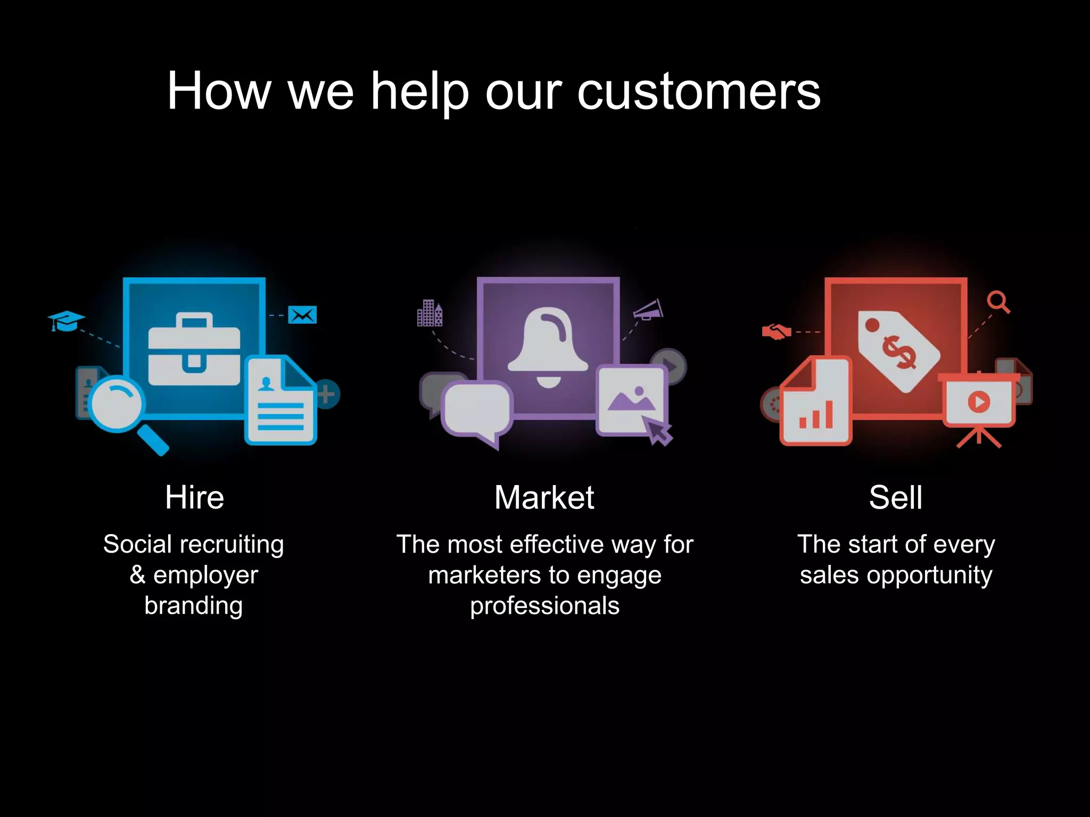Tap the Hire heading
click(x=194, y=497)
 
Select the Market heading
click(x=544, y=497)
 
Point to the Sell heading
click(x=896, y=497)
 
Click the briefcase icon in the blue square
click(x=194, y=349)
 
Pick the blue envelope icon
click(x=302, y=315)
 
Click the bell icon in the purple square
click(x=548, y=346)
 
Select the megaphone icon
click(x=649, y=310)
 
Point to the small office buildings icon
click(x=430, y=313)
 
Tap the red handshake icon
click(x=777, y=332)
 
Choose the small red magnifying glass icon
click(x=998, y=302)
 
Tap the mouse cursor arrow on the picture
click(x=658, y=430)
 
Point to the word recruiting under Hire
click(x=232, y=545)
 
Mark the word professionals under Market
click(x=544, y=606)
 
